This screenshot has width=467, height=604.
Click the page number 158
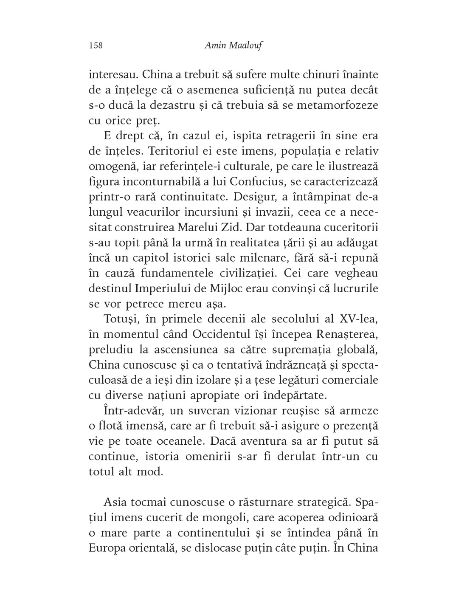[96, 45]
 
